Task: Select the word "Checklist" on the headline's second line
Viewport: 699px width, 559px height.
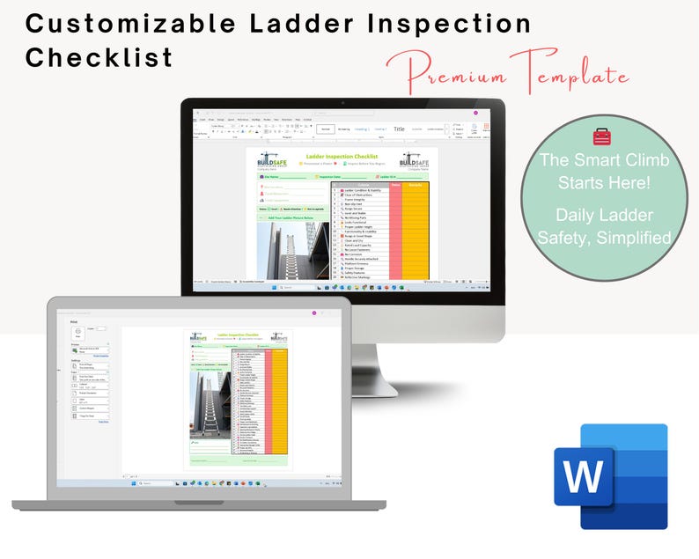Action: click(99, 58)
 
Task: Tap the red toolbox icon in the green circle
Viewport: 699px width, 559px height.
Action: click(601, 136)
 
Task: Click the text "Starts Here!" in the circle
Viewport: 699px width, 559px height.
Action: click(604, 182)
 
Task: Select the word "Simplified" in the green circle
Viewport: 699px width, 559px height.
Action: click(629, 237)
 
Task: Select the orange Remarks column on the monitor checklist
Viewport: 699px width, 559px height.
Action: click(416, 233)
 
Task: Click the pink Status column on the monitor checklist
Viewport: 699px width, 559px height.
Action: click(396, 233)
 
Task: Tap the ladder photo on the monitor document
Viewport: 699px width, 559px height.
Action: click(292, 250)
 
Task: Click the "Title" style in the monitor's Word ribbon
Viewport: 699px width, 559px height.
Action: click(399, 129)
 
